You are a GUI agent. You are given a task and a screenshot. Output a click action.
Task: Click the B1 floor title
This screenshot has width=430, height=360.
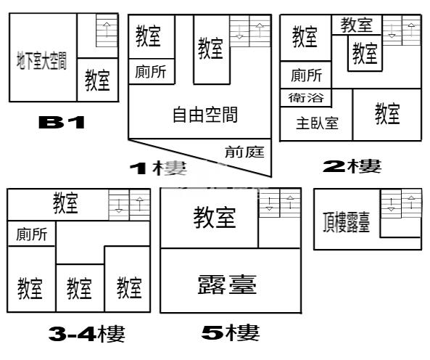tap(62, 122)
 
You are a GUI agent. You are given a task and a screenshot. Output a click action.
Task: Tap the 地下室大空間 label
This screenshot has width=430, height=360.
tap(41, 60)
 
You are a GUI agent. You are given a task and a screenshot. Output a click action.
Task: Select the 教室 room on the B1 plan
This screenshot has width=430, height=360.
tap(97, 80)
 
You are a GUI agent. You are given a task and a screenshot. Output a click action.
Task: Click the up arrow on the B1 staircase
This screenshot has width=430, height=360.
tap(107, 30)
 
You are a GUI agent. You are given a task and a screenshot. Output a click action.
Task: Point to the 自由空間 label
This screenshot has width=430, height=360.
tap(205, 115)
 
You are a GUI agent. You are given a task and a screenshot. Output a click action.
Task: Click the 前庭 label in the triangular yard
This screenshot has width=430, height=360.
tap(244, 152)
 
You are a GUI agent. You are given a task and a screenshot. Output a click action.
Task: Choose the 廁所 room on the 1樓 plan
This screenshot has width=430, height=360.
tap(151, 72)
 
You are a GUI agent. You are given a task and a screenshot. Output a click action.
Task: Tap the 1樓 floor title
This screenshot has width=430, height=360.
tap(158, 168)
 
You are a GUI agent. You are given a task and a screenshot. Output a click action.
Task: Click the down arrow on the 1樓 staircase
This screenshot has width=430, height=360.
tap(240, 32)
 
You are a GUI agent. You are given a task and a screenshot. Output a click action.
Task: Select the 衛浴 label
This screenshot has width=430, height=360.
tap(306, 98)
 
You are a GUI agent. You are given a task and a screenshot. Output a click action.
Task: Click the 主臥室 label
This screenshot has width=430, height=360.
tap(317, 123)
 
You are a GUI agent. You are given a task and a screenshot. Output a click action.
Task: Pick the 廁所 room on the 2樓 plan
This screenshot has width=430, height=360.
tap(306, 75)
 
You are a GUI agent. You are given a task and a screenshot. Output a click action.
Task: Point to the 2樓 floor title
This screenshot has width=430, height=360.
tap(352, 166)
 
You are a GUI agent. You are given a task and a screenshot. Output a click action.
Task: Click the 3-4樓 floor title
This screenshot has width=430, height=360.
tap(87, 333)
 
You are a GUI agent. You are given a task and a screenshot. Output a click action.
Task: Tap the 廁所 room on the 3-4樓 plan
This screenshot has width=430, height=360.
tap(31, 234)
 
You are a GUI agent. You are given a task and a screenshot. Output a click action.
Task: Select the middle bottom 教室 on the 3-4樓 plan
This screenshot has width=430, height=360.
tap(80, 288)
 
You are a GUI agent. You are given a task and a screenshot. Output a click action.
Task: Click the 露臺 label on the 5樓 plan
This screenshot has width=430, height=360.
tap(227, 285)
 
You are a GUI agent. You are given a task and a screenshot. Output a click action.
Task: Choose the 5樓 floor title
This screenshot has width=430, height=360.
tap(231, 332)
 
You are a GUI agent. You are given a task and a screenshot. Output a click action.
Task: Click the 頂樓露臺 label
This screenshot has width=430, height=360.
tap(347, 222)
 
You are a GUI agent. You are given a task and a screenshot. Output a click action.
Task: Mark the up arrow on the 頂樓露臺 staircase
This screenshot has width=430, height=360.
tap(411, 202)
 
